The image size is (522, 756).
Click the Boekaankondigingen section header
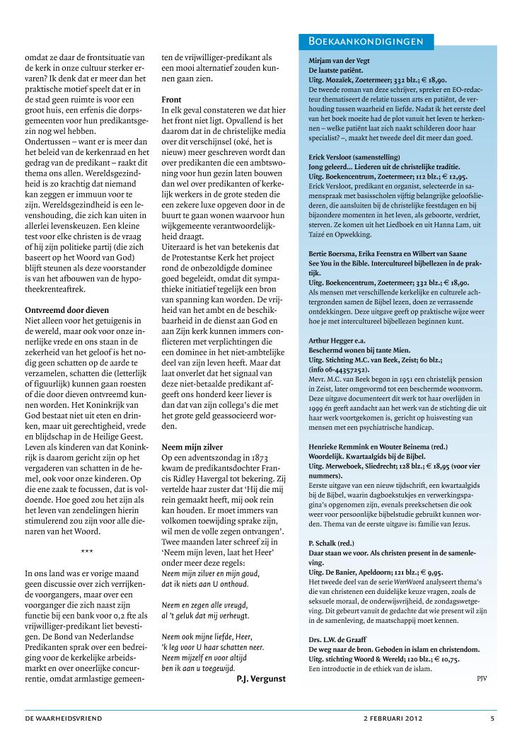tap(361, 42)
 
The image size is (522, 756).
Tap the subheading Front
tap(172, 100)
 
